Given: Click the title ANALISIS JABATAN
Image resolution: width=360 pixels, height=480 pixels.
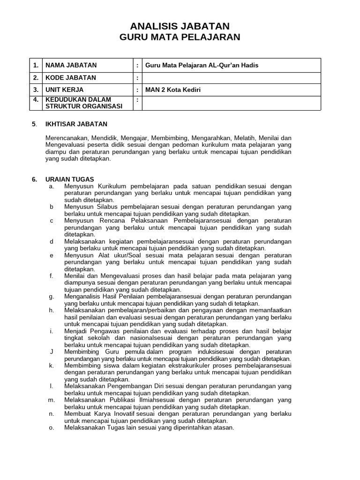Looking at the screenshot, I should (x=180, y=26).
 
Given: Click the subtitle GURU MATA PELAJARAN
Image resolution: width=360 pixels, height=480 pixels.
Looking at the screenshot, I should (x=180, y=37).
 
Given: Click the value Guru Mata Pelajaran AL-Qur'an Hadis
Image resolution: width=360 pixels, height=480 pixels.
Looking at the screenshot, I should (x=202, y=65).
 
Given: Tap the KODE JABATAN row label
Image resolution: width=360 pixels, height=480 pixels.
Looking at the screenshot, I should (x=70, y=77).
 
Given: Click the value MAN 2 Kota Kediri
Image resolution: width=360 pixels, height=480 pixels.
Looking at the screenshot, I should (x=173, y=90).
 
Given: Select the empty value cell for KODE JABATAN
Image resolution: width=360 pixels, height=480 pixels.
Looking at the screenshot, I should (x=232, y=77).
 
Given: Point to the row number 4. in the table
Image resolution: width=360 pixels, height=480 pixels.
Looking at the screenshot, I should (x=35, y=99).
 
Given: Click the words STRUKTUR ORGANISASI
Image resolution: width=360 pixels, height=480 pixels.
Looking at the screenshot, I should (x=83, y=106).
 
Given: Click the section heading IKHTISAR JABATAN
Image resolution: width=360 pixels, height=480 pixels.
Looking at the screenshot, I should (x=76, y=124).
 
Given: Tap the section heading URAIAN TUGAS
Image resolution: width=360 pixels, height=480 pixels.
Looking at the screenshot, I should (x=69, y=179).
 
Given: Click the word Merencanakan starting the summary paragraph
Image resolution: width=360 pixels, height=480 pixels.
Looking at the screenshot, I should (x=65, y=138).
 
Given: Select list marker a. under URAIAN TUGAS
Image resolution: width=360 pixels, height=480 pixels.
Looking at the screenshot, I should (x=52, y=186).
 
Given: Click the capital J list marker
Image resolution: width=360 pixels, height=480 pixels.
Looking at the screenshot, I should (x=51, y=351).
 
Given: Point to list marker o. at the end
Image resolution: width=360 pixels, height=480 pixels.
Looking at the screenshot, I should (x=51, y=427).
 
